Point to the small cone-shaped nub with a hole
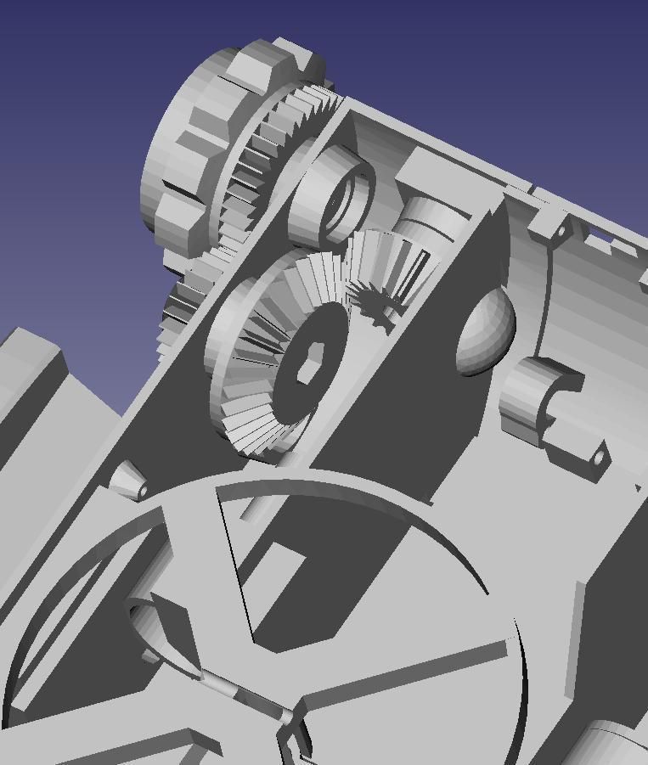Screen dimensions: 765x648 click(128, 481)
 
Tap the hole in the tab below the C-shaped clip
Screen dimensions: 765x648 click(599, 458)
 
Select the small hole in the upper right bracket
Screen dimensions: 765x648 click(561, 229)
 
